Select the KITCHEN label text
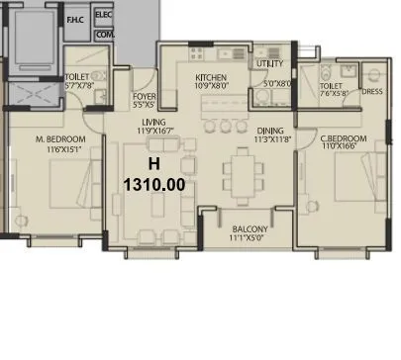(x=211, y=77)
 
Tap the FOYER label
(x=145, y=96)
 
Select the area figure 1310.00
(x=153, y=184)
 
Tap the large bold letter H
(x=152, y=164)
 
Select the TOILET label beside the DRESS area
(x=331, y=86)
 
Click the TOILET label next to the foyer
(x=77, y=77)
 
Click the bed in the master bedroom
(x=59, y=193)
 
